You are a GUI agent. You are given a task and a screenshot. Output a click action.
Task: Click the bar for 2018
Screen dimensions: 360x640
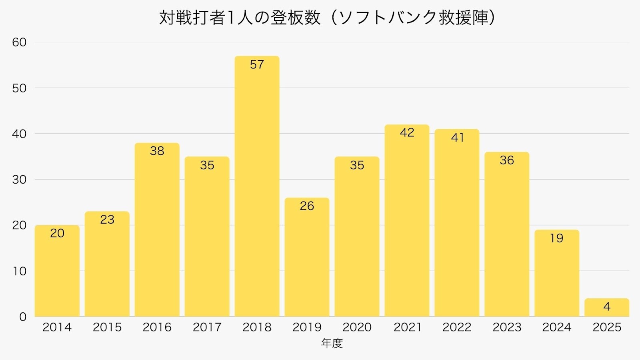click(257, 192)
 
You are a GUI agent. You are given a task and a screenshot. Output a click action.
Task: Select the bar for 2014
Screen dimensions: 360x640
click(57, 276)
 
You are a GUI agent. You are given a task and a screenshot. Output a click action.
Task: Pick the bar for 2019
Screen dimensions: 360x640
click(307, 260)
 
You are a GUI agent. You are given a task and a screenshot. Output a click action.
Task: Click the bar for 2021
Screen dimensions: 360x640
click(407, 224)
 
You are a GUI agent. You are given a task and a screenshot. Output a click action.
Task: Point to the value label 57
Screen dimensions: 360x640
click(257, 64)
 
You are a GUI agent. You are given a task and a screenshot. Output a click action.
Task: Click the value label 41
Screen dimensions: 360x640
click(457, 138)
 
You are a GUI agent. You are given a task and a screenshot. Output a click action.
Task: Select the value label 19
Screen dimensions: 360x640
click(556, 238)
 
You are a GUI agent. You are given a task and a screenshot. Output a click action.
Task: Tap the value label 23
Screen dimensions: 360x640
click(107, 220)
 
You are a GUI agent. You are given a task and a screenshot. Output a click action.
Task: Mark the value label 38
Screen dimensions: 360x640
click(157, 151)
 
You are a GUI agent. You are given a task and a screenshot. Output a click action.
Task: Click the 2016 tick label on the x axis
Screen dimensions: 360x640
click(157, 327)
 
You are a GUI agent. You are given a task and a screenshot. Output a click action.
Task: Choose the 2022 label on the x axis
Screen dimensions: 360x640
click(457, 327)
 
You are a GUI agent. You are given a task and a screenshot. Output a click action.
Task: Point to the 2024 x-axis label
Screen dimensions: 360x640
click(556, 327)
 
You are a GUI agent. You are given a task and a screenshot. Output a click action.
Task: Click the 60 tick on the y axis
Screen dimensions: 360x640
click(19, 42)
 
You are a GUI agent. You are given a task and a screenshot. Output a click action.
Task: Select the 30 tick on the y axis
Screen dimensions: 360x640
click(19, 180)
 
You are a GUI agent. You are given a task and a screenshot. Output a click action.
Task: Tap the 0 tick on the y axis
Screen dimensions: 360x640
click(23, 317)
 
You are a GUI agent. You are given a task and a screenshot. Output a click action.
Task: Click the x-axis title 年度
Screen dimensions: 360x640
click(332, 343)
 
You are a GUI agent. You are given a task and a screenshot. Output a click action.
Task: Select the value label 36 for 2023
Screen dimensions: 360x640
click(507, 160)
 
